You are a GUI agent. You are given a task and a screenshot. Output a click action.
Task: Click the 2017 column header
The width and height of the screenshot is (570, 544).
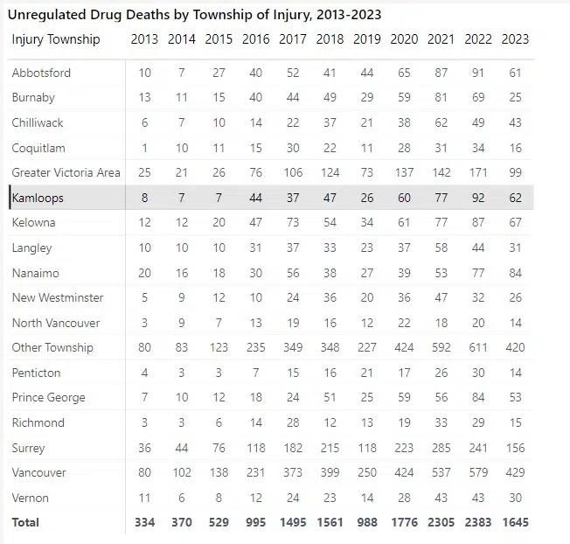tap(293, 39)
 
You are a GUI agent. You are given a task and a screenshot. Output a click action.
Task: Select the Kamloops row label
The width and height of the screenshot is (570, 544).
tap(38, 198)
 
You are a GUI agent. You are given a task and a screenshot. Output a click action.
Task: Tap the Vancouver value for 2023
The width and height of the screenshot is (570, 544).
tap(515, 472)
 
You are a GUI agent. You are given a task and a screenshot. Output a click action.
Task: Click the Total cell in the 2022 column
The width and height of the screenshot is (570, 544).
tap(478, 522)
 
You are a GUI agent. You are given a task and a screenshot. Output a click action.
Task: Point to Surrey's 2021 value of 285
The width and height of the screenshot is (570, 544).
tap(441, 448)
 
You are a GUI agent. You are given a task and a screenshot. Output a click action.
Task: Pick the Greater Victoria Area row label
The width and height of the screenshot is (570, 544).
tap(66, 172)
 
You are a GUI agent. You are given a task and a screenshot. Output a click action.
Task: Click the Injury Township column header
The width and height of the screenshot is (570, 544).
tap(56, 39)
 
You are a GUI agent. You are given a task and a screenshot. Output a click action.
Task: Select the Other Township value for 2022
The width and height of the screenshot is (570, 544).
tap(478, 347)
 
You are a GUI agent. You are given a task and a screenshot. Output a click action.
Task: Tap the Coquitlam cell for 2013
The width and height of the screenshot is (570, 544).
tap(144, 148)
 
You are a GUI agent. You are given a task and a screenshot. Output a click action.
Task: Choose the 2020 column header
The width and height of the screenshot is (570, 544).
tap(404, 39)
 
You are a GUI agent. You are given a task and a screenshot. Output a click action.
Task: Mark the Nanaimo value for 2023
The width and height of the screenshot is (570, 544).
tap(515, 273)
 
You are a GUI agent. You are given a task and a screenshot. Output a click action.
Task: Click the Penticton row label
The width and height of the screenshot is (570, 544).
tap(36, 373)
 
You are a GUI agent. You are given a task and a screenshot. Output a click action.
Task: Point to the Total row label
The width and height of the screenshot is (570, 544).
tap(25, 522)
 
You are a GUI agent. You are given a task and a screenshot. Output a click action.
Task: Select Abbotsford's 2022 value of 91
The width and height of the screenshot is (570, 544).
tap(478, 73)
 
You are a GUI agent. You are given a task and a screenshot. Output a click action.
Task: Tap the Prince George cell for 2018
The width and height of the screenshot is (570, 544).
tap(330, 397)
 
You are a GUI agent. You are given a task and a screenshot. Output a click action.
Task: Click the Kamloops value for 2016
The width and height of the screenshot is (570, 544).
tap(255, 198)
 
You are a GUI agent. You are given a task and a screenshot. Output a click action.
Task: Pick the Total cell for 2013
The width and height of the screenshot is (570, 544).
tap(144, 522)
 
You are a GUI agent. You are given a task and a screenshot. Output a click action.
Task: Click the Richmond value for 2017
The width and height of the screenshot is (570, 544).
tap(293, 422)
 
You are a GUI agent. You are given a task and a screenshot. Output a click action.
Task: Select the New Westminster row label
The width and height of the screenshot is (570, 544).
tap(58, 297)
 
